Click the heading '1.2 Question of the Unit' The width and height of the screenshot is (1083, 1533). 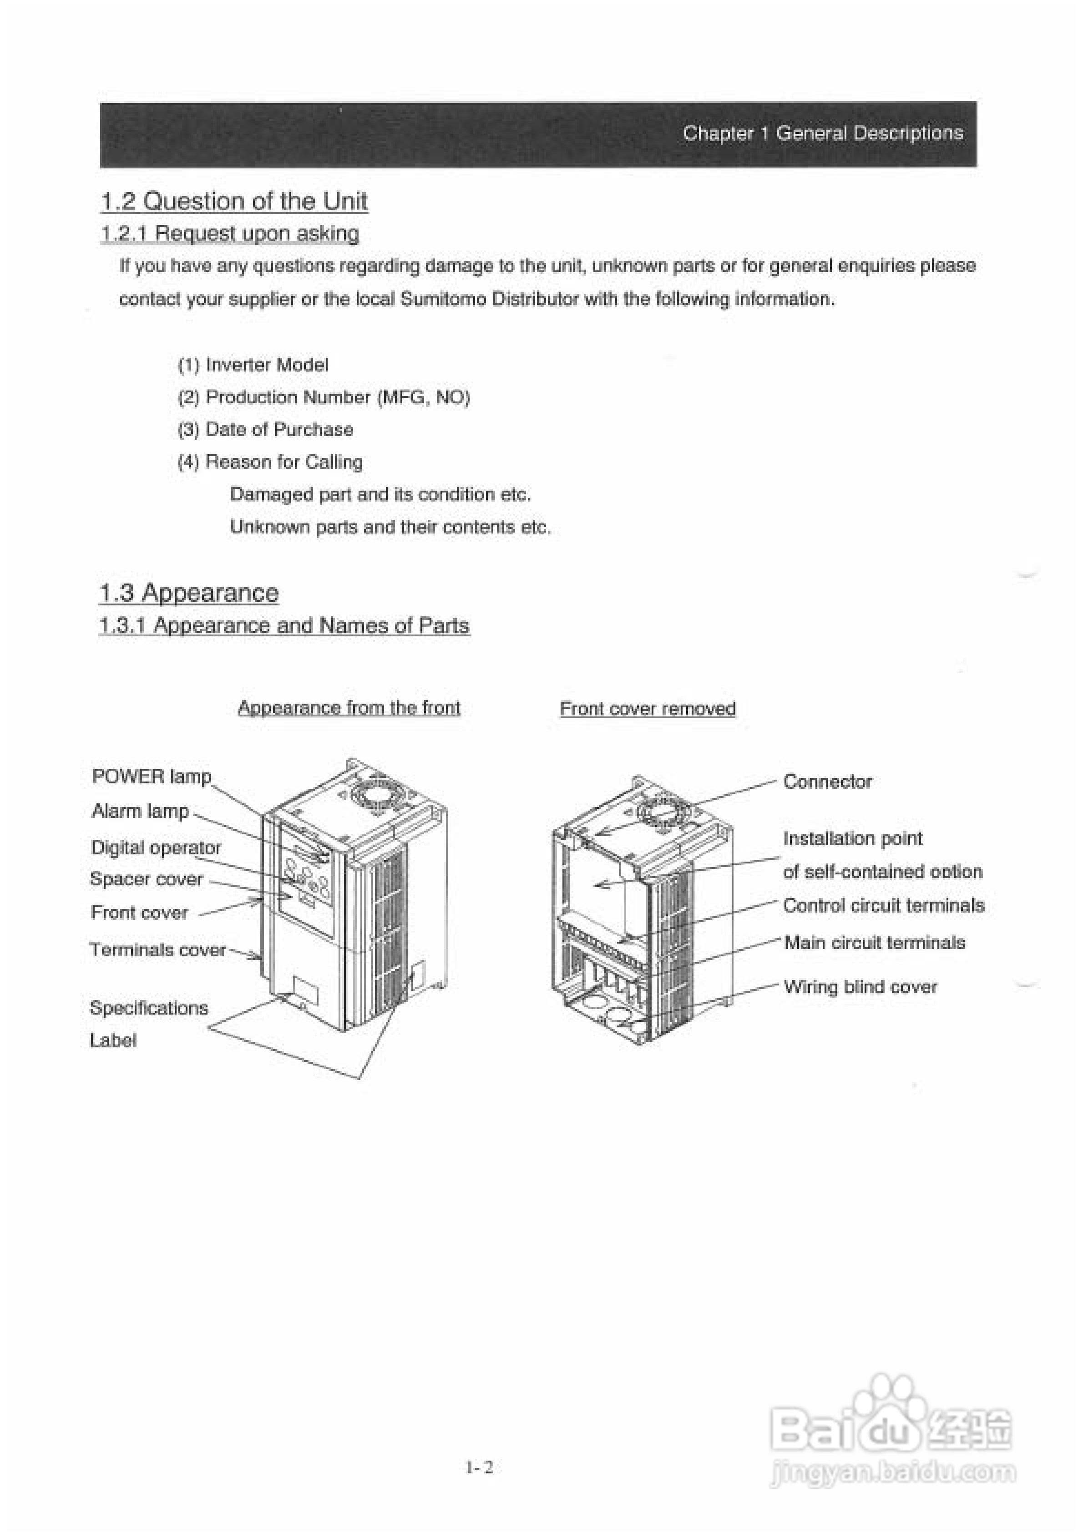(x=234, y=201)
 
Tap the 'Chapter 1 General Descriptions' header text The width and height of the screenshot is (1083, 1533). (x=823, y=133)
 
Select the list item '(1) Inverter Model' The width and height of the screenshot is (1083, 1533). (x=253, y=365)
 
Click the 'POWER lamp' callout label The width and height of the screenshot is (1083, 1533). (x=152, y=777)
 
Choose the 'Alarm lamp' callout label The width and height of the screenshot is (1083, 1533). (x=140, y=811)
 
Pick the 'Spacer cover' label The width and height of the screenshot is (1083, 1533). (x=146, y=879)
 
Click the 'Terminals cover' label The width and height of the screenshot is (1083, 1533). (x=157, y=949)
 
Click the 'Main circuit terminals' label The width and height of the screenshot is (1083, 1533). (x=875, y=943)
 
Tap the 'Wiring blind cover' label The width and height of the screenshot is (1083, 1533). (x=860, y=987)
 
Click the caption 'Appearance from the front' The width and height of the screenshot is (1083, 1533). (x=349, y=708)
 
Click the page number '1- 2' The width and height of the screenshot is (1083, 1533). (x=480, y=1467)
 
